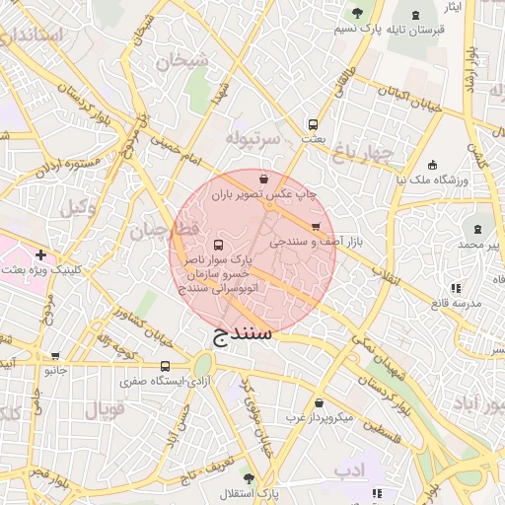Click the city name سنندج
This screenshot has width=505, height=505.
tap(242, 336)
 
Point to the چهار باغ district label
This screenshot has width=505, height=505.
tap(361, 153)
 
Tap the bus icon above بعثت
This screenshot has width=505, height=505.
tap(313, 125)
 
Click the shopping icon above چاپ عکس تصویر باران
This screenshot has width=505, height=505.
tap(263, 180)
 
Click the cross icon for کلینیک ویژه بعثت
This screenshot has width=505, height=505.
tap(40, 254)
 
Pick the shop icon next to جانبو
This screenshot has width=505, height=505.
tap(54, 356)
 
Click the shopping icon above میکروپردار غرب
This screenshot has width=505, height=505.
tap(320, 402)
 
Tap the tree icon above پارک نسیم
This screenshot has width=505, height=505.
tap(357, 13)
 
